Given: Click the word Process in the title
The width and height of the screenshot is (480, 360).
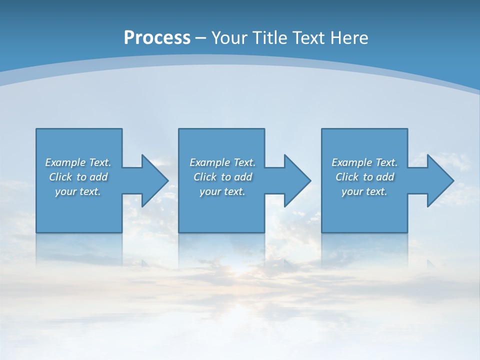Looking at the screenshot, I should coord(157,38).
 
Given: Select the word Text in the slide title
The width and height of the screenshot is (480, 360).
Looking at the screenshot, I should coord(308,38).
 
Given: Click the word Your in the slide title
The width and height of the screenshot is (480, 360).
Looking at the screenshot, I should coord(229,38).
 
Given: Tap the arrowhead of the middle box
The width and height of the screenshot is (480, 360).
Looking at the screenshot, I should coord(296,180).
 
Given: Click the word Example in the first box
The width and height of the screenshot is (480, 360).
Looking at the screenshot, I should coord(65,162).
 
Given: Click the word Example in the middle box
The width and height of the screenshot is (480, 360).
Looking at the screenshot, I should coord(210,162).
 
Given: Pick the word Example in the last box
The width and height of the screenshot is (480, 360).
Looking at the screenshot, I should coord(352,162).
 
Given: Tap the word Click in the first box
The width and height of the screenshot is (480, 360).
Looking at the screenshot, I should coord(60,177).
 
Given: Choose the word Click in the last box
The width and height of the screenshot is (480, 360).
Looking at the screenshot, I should coord(347,177).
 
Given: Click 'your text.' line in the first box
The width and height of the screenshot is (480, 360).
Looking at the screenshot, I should coord(78,191).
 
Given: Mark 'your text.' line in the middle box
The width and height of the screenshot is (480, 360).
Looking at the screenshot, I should coord(222,191).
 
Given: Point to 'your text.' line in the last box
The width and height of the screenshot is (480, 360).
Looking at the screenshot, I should coord(364,191).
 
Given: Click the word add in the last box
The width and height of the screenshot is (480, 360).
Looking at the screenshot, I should coord(385,177).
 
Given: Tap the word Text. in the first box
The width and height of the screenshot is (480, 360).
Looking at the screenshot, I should coord(100,162).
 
